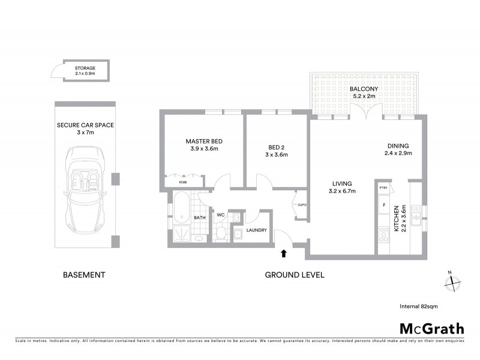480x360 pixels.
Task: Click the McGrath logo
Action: pyautogui.click(x=431, y=328)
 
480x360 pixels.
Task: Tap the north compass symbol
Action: pyautogui.click(x=453, y=280)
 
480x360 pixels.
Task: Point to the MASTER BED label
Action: pyautogui.click(x=204, y=142)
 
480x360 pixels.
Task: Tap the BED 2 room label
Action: pyautogui.click(x=277, y=146)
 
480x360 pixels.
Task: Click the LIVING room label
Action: pyautogui.click(x=343, y=184)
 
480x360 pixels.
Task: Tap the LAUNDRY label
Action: pyautogui.click(x=256, y=229)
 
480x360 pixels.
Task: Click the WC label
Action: pyautogui.click(x=220, y=214)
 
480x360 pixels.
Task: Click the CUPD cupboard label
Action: pyautogui.click(x=302, y=205)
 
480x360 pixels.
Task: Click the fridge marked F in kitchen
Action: pyautogui.click(x=383, y=205)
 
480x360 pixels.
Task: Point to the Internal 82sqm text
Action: pyautogui.click(x=418, y=306)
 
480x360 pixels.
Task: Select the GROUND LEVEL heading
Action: pyautogui.click(x=295, y=275)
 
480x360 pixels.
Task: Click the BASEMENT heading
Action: pyautogui.click(x=84, y=275)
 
